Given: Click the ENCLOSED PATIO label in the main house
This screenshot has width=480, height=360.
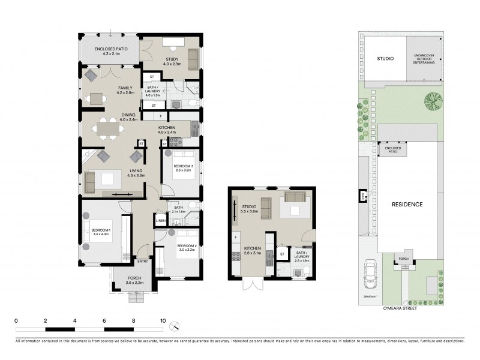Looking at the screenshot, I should [x=107, y=49].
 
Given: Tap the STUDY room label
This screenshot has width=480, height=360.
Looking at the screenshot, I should [x=172, y=59].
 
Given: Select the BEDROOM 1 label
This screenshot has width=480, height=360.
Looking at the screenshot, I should [x=101, y=230].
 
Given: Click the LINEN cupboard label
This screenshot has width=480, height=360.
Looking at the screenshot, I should [x=160, y=221].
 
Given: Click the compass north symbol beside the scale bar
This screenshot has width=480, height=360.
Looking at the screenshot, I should [x=175, y=326].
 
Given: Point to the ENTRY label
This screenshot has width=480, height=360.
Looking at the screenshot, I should [x=143, y=261].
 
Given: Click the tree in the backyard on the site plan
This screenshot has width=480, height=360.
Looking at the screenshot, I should [x=431, y=99].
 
